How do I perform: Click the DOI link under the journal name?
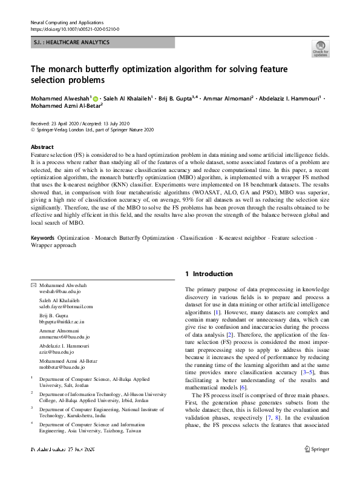click(74, 29)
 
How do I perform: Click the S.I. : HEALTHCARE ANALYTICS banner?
click(102, 42)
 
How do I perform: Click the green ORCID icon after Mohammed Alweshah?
click(96, 98)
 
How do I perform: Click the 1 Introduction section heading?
click(209, 274)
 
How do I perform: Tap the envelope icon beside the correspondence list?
click(33, 285)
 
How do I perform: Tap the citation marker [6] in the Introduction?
click(243, 388)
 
